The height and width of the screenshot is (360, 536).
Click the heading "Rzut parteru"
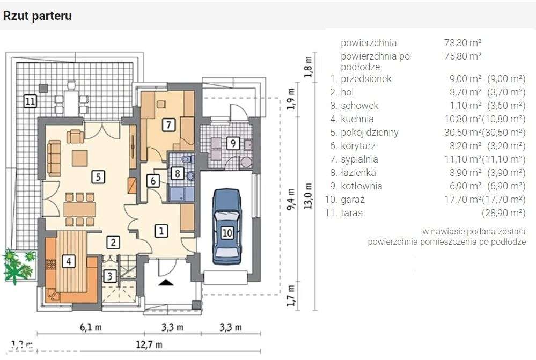tap(37, 16)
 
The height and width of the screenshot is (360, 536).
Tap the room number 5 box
tap(98, 177)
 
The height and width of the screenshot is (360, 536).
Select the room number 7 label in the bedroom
tap(168, 125)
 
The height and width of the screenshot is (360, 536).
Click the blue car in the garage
tap(227, 226)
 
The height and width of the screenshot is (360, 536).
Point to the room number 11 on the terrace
tap(30, 101)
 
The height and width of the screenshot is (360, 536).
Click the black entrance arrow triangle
tap(166, 282)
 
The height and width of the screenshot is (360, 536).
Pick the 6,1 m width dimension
tap(91, 327)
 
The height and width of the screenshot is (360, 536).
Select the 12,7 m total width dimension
tap(149, 344)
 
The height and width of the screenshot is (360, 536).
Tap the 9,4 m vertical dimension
tap(291, 200)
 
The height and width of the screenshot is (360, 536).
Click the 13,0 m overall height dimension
tap(308, 196)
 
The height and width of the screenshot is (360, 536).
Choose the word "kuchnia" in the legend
tap(357, 119)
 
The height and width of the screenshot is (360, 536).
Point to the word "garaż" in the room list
tap(353, 200)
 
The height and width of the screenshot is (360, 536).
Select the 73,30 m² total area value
tap(463, 43)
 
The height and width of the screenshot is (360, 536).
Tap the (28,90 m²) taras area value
tap(503, 213)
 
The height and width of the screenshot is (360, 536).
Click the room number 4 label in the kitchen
tap(68, 261)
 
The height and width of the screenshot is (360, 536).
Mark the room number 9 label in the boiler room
tap(233, 143)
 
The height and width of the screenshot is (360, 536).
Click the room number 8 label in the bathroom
tap(178, 173)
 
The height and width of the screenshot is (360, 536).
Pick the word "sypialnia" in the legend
tap(359, 159)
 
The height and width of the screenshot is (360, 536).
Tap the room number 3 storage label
tap(110, 276)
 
